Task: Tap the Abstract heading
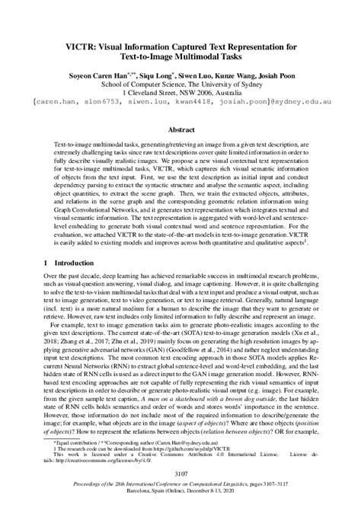pyautogui.click(x=180, y=130)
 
